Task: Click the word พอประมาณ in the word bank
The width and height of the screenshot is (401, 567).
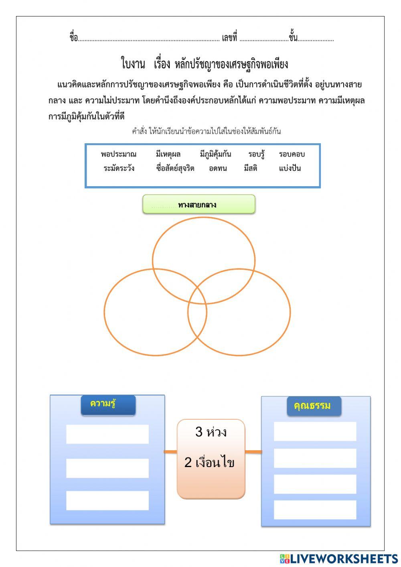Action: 119,154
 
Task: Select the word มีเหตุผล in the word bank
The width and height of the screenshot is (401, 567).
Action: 168,154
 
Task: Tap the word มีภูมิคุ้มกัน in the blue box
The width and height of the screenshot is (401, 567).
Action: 215,154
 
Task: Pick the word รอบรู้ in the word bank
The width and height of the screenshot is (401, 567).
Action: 256,154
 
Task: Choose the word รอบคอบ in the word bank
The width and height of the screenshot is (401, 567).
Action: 292,154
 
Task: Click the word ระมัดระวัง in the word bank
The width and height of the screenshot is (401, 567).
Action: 119,168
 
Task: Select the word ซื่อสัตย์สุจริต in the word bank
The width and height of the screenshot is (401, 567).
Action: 175,168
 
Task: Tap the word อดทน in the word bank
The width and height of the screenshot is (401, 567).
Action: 218,168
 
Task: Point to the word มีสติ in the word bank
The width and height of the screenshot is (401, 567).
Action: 251,168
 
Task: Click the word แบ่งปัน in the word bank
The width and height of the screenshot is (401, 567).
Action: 290,168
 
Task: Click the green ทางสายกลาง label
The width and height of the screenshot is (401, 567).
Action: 199,205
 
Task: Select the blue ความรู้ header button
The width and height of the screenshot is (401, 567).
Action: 108,404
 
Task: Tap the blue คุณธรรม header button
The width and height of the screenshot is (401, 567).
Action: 314,406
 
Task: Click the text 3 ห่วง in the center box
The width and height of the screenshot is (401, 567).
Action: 211,432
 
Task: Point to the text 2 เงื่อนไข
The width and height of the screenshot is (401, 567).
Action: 209,462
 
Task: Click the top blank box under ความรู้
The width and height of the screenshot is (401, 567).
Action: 107,434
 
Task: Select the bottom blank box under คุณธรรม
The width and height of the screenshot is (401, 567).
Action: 315,510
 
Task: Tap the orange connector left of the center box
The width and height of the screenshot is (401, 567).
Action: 170,452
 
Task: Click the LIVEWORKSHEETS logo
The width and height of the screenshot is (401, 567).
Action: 339,558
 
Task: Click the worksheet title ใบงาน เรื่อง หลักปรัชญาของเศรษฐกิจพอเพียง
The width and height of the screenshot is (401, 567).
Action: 205,64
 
